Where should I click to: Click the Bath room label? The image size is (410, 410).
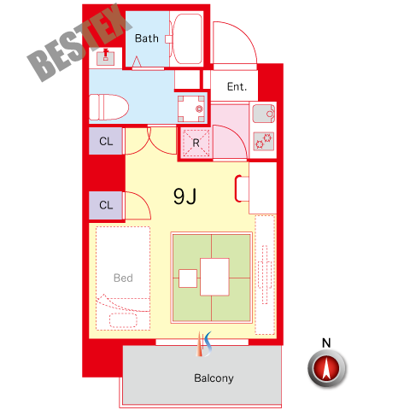coord(147,38)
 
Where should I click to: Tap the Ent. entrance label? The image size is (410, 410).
coord(237,86)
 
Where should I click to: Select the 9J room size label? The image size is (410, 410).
coord(185,196)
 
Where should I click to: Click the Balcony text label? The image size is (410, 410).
coord(214,378)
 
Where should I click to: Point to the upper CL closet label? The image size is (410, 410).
coord(106,141)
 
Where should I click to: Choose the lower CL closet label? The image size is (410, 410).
coord(106,205)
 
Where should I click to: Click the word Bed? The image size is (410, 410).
coord(123,278)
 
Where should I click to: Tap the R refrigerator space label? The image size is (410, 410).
coord(196,143)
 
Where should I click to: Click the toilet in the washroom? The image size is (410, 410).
coord(108,108)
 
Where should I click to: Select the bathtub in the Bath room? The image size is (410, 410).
coord(187,39)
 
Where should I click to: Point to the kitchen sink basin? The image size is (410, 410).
coord(264,114)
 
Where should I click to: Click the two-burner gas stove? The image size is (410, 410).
coord(264,141)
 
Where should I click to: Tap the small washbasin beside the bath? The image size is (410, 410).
coord(106,57)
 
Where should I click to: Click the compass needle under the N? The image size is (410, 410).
coord(326,368)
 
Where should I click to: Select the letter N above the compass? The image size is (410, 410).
coord(326,343)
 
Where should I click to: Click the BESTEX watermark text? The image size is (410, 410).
coord(79,42)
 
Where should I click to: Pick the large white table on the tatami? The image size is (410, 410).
coord(214,277)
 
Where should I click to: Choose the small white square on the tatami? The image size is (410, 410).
coord(188,278)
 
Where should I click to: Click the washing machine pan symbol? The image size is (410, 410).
coord(191,108)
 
